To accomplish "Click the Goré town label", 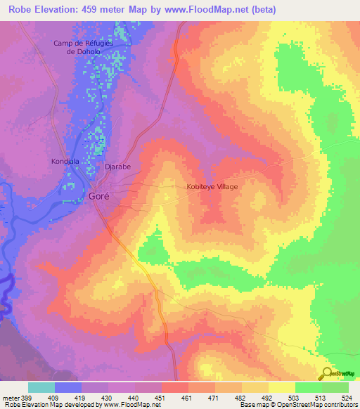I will (x=98, y=197).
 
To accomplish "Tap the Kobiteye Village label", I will (x=212, y=187).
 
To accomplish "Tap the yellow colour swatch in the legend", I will (x=282, y=387).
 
